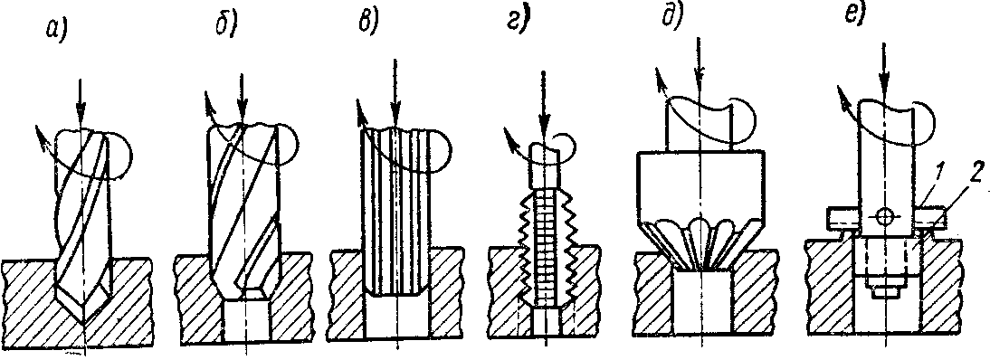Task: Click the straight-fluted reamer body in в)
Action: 395,213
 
